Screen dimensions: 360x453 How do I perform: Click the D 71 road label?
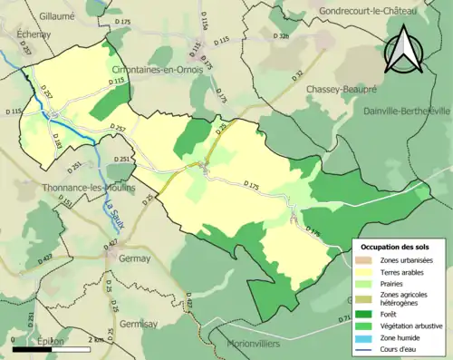pos(344,318)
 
